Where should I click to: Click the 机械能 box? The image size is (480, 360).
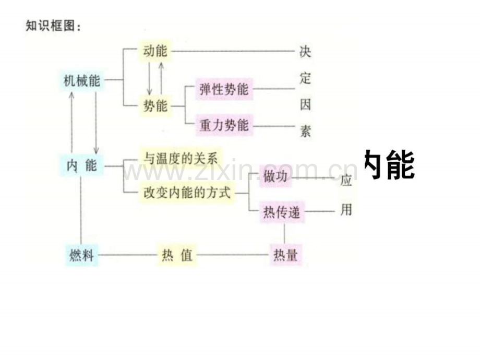(x=81, y=81)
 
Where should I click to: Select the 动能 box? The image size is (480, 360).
(x=154, y=51)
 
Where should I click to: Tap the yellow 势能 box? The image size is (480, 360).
(x=154, y=106)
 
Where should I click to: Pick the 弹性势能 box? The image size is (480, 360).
(x=224, y=89)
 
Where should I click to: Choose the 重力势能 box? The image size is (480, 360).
(x=224, y=125)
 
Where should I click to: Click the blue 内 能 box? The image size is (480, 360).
(x=81, y=166)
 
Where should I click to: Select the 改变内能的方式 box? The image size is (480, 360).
(x=186, y=192)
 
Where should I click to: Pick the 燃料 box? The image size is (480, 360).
(x=82, y=255)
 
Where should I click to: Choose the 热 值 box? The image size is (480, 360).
(x=177, y=255)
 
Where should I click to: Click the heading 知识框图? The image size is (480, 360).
(x=53, y=25)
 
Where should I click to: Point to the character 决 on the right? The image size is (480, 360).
(x=305, y=52)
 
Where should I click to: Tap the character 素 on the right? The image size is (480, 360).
(x=305, y=131)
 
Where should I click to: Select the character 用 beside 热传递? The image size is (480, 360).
(x=346, y=210)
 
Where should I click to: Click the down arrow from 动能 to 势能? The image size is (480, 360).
(x=149, y=78)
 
